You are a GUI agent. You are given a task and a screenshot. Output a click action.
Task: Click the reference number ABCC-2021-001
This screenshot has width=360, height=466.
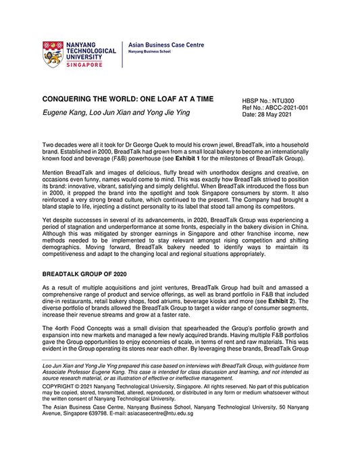pos(284,107)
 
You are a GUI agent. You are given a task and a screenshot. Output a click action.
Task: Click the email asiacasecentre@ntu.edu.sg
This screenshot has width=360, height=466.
pos(161,413)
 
